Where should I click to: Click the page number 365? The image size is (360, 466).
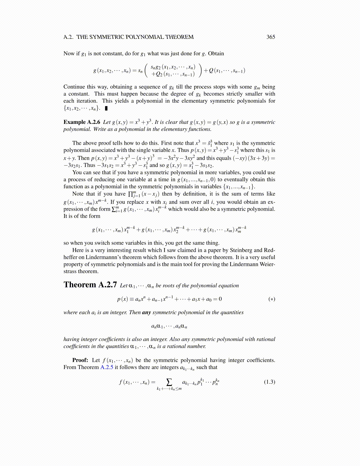271,37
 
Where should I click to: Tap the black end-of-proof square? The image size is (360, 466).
106,108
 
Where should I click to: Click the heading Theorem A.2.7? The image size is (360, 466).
90,285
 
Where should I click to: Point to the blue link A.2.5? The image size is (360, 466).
107,367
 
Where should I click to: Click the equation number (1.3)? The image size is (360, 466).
269,382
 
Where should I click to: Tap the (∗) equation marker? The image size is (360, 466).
272,299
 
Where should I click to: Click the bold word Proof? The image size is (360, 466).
80,360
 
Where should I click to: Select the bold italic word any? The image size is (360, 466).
146,312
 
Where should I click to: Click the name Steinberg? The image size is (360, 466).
241,250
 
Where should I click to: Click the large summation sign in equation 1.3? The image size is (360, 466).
169,382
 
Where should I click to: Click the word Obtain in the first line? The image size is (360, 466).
216,54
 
